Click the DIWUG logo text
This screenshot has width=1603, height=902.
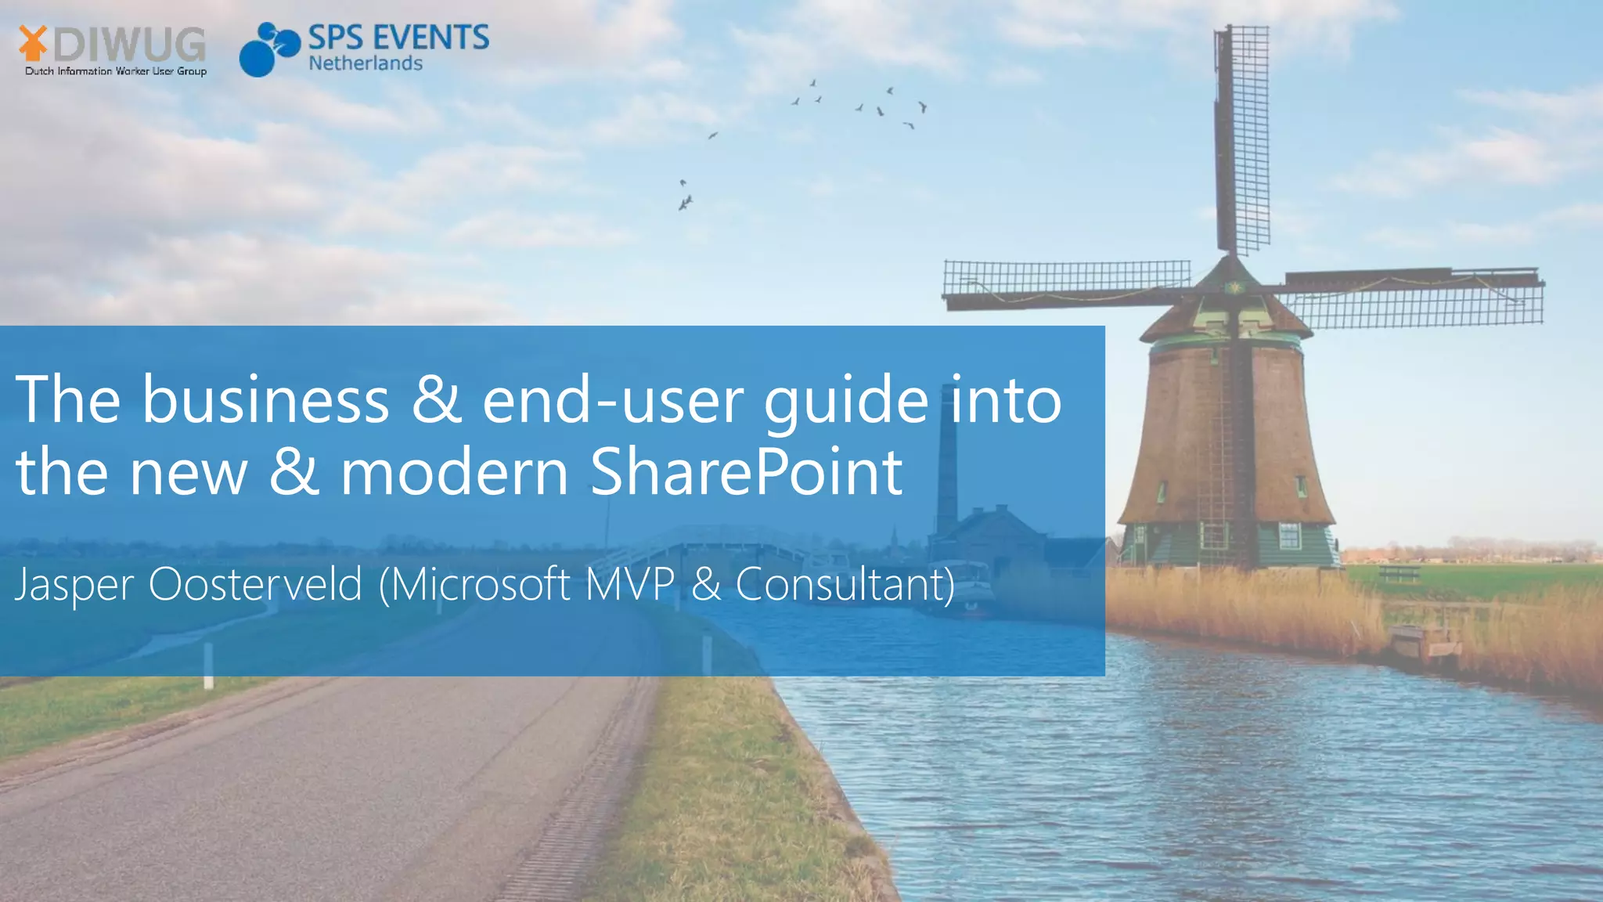pos(130,44)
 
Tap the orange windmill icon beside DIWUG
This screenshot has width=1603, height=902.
pos(32,42)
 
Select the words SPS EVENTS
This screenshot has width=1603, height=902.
pos(398,38)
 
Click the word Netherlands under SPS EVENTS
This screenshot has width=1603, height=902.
pos(366,63)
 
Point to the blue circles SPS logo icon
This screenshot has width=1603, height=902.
pos(268,49)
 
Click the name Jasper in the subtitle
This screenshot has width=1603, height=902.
pos(74,584)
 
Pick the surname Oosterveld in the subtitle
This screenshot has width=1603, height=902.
pos(255,584)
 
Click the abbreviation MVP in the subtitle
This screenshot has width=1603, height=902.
pos(629,584)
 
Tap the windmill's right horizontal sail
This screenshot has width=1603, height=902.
pos(1413,298)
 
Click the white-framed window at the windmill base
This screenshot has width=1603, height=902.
pos(1289,536)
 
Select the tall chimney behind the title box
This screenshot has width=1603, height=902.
pos(947,470)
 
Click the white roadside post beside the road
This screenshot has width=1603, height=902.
pos(208,666)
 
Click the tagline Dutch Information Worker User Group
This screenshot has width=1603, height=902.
pos(116,71)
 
